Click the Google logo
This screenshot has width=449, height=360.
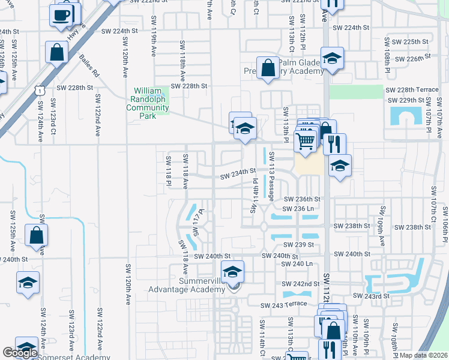pos(20,353)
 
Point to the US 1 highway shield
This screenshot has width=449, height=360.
pos(39,89)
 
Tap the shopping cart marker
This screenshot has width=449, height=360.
pos(306,141)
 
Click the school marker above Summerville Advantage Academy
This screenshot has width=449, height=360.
pos(233,272)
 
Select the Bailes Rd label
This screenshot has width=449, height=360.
pos(89,65)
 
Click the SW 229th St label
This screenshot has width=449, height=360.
pos(406,100)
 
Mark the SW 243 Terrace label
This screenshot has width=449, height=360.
pos(284,305)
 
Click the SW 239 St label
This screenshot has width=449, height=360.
pos(300,245)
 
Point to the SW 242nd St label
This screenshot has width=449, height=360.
pos(301,283)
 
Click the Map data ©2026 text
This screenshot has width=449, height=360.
pos(424,355)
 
